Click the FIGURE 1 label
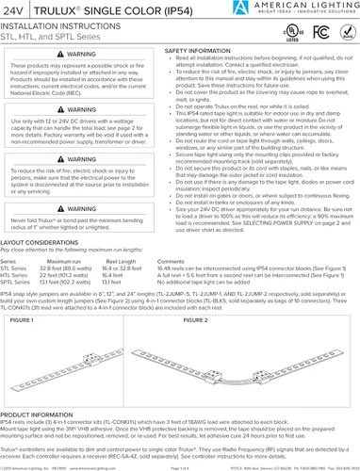[x=20, y=319]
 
